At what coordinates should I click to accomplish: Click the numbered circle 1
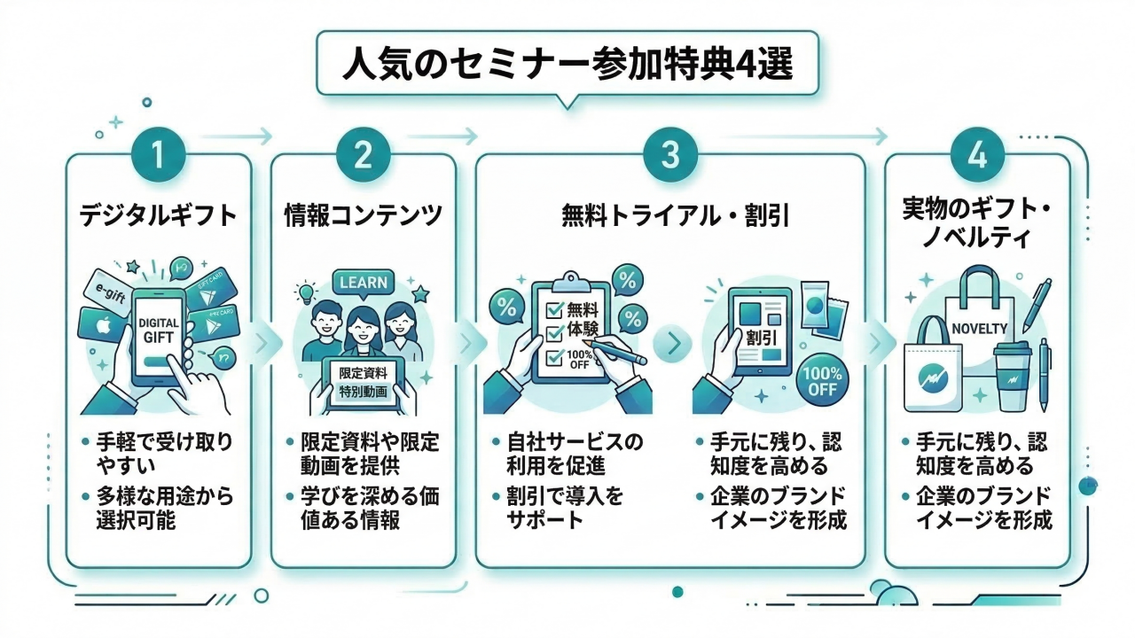click(159, 157)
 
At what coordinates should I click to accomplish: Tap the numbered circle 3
click(669, 157)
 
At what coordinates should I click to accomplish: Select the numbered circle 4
click(977, 157)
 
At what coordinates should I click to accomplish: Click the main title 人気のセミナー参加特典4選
click(567, 66)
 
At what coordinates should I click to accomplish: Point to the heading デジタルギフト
click(159, 215)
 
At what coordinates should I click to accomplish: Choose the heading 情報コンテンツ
click(363, 215)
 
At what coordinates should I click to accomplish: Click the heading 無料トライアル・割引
click(669, 215)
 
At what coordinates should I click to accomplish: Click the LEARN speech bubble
click(363, 283)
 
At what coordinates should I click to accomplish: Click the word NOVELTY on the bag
click(979, 328)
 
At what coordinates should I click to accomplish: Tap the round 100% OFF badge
click(822, 378)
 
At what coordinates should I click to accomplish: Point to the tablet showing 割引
click(755, 337)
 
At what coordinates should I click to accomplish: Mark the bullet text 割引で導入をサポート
click(565, 507)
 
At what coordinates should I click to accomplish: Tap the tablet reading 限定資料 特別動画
click(363, 383)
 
